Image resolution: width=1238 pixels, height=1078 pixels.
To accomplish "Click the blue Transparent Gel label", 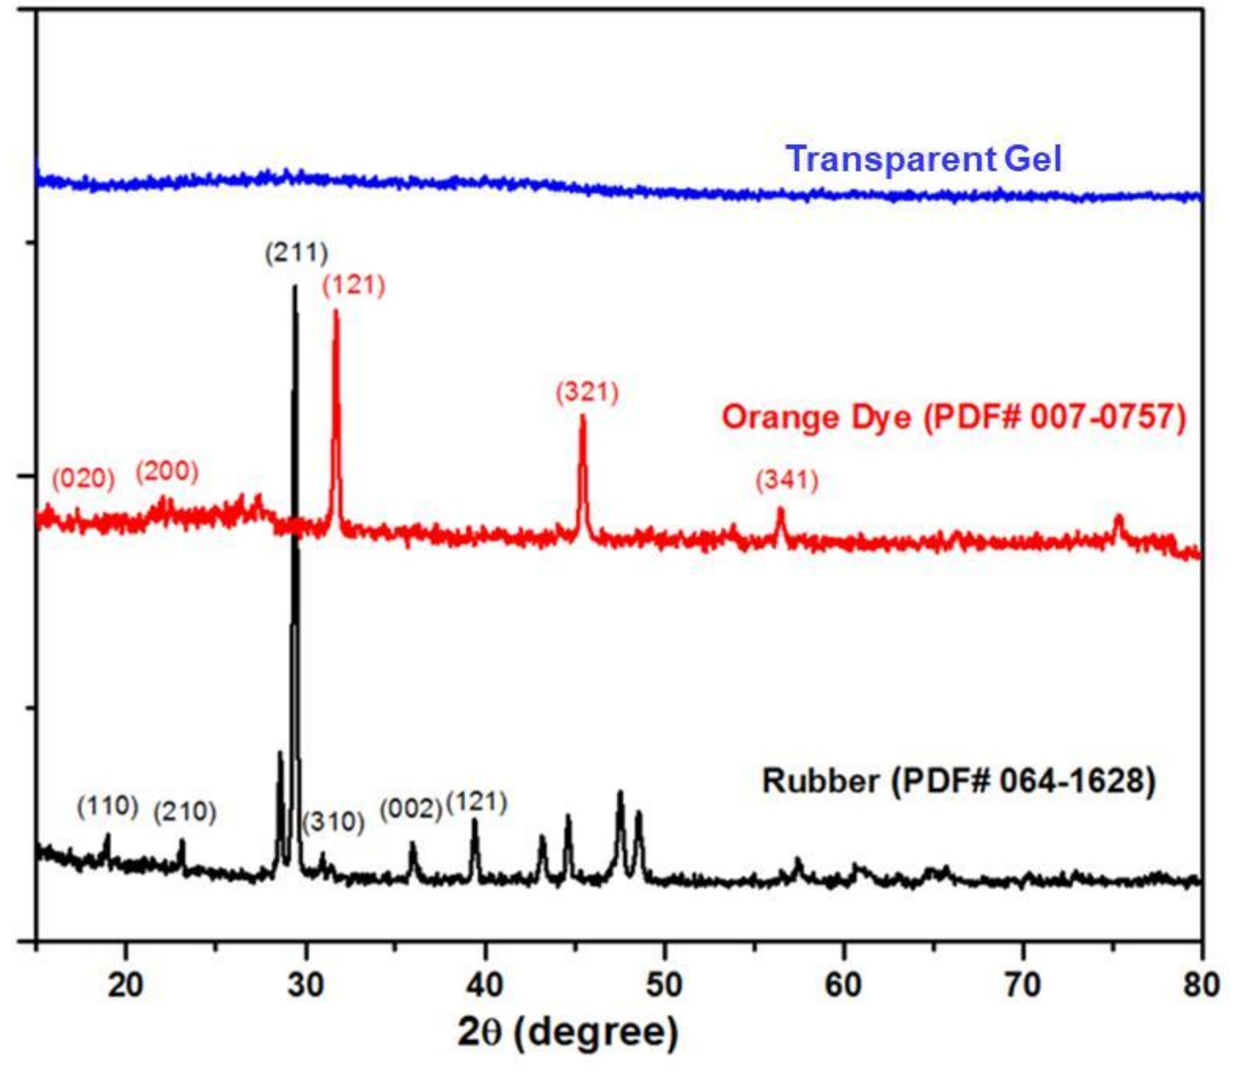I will [924, 159].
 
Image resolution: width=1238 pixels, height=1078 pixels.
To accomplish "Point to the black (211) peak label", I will [297, 253].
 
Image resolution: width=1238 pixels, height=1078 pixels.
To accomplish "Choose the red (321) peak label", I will [587, 393].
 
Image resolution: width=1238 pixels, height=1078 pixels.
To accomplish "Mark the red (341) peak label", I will [787, 481].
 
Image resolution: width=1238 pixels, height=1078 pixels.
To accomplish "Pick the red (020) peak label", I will [83, 479].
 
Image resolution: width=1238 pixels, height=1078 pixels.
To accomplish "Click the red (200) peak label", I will [167, 472].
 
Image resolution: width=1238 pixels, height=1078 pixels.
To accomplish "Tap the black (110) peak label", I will [108, 806].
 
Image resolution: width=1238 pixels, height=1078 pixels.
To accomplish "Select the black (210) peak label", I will [184, 813].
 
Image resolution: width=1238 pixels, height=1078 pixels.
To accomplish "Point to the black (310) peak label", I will [333, 822].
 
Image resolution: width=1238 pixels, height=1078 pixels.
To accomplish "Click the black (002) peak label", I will [411, 810].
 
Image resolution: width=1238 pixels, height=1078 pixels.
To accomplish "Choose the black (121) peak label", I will [477, 803].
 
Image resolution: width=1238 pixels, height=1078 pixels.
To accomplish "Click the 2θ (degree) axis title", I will [568, 1033].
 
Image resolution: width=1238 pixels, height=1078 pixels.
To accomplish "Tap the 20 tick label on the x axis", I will [126, 986].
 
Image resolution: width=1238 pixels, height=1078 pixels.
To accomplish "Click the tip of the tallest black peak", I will [295, 287].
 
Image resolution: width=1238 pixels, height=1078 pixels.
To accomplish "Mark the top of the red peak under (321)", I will [582, 416].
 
